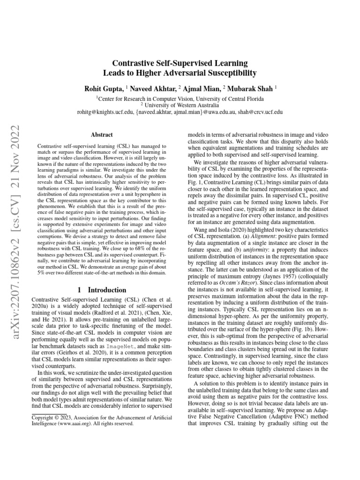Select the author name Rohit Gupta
coord(104,88)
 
